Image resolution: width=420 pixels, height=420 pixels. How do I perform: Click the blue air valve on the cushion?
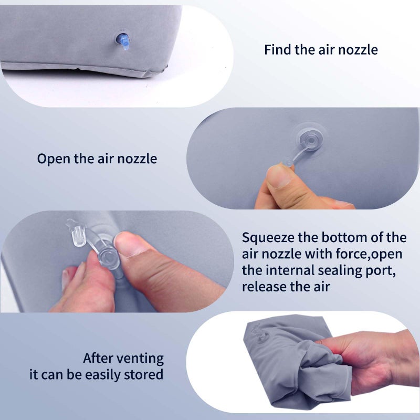123,41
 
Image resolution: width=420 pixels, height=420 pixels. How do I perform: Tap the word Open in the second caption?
54,159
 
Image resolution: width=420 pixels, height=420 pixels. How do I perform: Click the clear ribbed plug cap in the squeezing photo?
79,236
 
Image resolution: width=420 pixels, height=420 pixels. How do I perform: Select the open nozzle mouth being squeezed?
109,258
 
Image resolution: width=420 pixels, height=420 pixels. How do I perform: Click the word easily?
103,375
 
